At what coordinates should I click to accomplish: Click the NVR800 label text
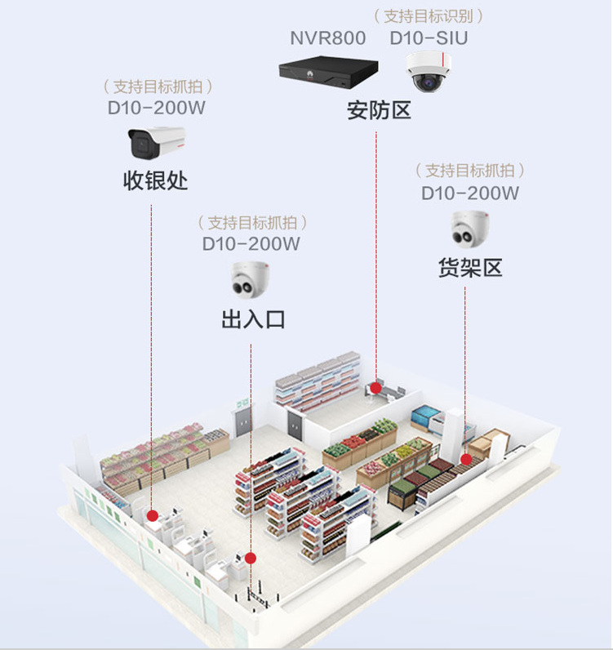[328, 38]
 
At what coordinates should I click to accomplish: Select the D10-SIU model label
[429, 38]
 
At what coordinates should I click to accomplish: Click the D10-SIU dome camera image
[427, 72]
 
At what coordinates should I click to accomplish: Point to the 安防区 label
[379, 111]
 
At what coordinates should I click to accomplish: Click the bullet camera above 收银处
[156, 143]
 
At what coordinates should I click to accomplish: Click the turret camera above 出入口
[250, 278]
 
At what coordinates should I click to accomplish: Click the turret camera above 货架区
[470, 229]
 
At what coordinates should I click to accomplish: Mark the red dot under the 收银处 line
[152, 515]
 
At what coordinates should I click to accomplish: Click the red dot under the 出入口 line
[251, 559]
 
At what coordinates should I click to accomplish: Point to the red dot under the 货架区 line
[465, 459]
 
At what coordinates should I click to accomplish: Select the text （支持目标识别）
[429, 16]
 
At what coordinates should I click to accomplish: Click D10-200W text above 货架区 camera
[470, 193]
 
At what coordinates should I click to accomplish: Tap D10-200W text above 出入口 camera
[251, 243]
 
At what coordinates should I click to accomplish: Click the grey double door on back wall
[244, 422]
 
